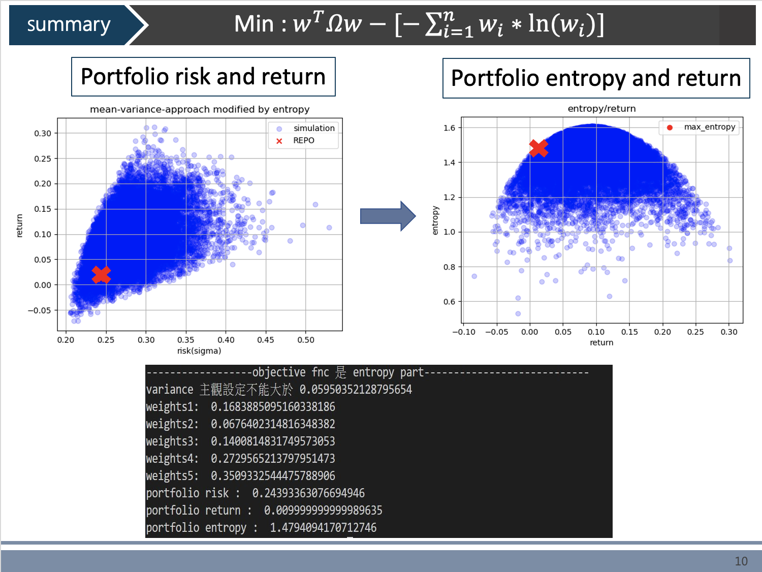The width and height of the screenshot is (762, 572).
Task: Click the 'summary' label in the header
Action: coord(69,24)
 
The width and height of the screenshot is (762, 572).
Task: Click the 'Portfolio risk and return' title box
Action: coord(203,77)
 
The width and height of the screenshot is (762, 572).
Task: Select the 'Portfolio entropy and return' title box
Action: coord(596,78)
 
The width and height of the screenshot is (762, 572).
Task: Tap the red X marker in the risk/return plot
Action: coord(102,274)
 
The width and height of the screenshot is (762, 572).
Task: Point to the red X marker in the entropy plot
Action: coord(538,148)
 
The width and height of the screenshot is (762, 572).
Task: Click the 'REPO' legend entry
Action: coord(303,141)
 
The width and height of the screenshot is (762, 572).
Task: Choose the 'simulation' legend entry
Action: coord(313,128)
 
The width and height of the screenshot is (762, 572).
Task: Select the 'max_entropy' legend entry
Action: coord(709,127)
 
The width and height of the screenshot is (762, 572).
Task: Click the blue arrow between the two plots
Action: coord(388,216)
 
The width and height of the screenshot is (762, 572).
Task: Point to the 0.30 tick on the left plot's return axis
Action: coord(43,133)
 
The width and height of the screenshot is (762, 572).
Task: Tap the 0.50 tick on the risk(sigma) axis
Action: coord(306,340)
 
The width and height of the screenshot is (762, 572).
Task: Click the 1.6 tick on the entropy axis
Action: coord(449,128)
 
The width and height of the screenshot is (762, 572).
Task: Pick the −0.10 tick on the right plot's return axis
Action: coord(464,332)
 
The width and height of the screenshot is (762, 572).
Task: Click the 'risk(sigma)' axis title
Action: coord(199,351)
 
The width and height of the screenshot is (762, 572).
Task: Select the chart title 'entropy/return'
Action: coord(601,108)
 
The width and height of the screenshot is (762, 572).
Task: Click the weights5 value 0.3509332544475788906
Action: coord(273,476)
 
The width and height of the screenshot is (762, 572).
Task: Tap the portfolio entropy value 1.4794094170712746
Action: coord(323,528)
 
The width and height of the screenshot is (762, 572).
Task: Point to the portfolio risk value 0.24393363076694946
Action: coord(308,493)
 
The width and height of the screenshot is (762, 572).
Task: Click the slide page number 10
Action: coord(741,561)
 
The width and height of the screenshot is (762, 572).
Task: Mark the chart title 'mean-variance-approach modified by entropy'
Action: coord(200,109)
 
